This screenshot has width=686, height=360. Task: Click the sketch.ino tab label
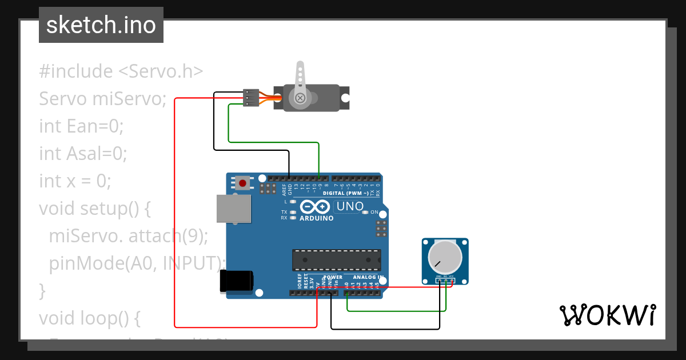[101, 25]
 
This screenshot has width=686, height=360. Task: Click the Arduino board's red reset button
[243, 183]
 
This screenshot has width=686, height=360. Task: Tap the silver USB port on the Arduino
[234, 209]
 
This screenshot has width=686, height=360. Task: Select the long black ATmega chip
[336, 260]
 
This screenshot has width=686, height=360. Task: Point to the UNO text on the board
[349, 206]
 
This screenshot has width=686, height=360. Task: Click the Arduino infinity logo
[316, 207]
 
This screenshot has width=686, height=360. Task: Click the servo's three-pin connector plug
[250, 98]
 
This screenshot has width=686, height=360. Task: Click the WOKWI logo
[607, 315]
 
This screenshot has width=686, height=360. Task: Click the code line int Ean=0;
[81, 126]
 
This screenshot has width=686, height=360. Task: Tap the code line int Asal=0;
[83, 153]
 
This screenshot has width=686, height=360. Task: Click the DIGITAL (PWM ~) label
[342, 194]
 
